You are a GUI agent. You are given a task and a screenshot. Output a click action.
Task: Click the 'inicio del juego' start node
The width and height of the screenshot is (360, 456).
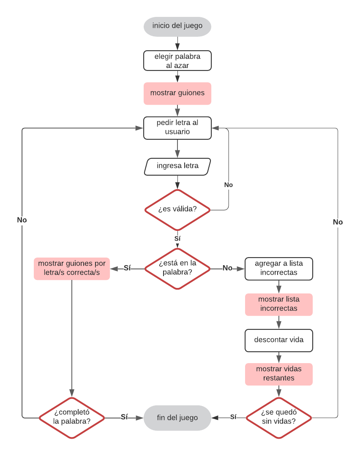[177, 26]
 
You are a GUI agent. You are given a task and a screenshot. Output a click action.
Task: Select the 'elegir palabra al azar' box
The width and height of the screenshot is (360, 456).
[177, 61]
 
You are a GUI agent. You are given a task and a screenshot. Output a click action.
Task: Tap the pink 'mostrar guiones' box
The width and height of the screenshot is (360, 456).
[177, 93]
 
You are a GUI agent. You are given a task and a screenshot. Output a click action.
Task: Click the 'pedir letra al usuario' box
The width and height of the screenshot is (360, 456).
[177, 128]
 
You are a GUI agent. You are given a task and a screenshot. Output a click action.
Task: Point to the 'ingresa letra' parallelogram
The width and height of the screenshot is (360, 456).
[177, 166]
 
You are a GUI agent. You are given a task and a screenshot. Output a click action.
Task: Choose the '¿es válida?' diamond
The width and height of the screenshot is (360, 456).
[177, 209]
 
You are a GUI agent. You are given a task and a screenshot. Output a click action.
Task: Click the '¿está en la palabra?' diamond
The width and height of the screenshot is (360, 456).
[177, 268]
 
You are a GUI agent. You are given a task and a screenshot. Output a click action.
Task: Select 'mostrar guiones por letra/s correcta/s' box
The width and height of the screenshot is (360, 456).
[72, 269]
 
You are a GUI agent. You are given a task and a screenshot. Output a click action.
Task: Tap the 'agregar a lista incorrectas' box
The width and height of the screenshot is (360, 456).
[279, 269]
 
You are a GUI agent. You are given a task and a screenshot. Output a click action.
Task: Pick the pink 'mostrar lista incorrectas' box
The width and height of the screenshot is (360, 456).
[279, 304]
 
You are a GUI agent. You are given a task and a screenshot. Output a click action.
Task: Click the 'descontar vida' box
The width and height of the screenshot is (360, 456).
[279, 340]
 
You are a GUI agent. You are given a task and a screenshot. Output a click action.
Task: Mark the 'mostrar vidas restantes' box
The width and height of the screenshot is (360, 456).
[279, 374]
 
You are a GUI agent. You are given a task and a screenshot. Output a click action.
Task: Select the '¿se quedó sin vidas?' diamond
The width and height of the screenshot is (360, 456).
[279, 418]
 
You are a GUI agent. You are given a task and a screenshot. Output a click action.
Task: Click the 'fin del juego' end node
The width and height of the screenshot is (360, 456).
[177, 418]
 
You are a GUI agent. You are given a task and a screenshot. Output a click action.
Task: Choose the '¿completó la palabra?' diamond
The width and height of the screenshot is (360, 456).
[72, 418]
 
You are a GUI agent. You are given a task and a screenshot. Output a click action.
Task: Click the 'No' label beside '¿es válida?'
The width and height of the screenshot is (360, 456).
[228, 185]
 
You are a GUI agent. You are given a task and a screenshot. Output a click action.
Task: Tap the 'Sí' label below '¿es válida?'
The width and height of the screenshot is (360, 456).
[177, 239]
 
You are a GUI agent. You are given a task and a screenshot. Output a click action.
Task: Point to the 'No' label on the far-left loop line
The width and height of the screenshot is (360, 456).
[22, 220]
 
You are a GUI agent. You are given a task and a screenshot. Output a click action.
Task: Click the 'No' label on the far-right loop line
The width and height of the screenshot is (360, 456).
[338, 222]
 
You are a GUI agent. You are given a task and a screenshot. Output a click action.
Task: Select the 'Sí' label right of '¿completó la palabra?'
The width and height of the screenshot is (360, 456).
[124, 417]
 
